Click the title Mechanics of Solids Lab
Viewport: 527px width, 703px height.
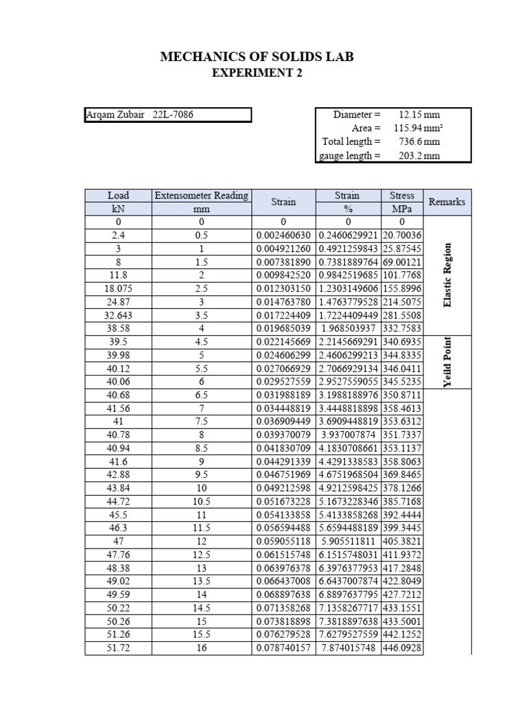tap(257, 57)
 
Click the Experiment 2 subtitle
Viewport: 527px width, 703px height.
tap(256, 73)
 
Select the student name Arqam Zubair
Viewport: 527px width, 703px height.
tap(115, 115)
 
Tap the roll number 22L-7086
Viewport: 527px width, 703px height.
tap(173, 115)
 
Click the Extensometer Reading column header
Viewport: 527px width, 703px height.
tap(202, 196)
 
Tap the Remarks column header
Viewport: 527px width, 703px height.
tap(447, 202)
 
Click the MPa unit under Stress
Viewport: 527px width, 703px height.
tap(402, 209)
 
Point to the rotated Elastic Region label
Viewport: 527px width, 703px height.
tap(448, 275)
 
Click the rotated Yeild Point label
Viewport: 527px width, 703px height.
tap(448, 361)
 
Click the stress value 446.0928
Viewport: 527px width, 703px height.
tap(402, 648)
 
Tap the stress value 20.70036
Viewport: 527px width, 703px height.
tap(402, 235)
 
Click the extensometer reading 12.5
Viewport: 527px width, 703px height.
tap(202, 555)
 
